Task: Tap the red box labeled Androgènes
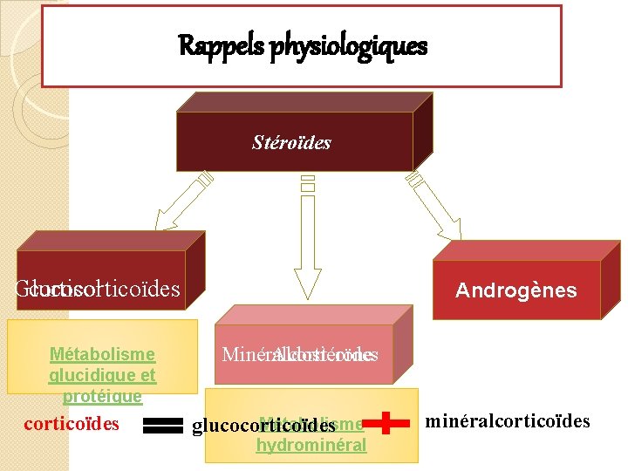tap(516, 290)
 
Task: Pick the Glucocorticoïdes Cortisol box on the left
tap(98, 287)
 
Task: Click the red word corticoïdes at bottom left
tap(72, 425)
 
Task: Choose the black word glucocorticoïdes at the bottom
tap(263, 426)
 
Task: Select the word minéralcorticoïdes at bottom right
tap(508, 422)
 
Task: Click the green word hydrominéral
tap(311, 446)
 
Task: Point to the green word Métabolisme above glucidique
tap(102, 354)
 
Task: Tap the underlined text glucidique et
tap(102, 376)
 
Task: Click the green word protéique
tap(102, 397)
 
